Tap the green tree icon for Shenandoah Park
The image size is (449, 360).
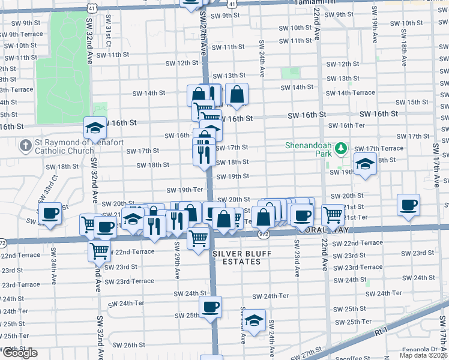click(341, 147)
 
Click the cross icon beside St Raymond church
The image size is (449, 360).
click(25, 146)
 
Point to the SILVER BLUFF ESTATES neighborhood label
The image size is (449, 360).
click(242, 258)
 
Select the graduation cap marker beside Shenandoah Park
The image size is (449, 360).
click(364, 164)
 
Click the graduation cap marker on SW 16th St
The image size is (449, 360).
click(95, 127)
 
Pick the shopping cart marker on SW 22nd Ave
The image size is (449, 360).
click(333, 214)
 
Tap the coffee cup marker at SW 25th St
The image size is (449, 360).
click(210, 307)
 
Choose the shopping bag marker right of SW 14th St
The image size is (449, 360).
click(237, 94)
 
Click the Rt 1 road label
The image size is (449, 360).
click(381, 331)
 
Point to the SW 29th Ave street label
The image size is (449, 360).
click(178, 262)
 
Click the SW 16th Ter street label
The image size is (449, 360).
click(348, 125)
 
